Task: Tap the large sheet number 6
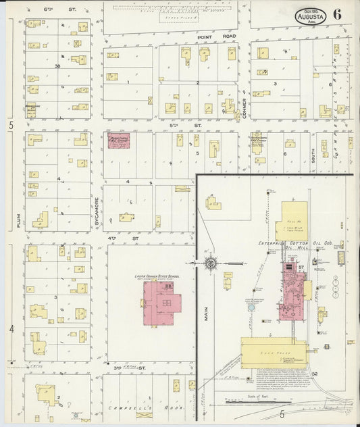pyautogui.click(x=336, y=15)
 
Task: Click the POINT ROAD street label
pyautogui.click(x=209, y=38)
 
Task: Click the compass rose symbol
pyautogui.click(x=210, y=261)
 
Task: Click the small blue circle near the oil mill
pyautogui.click(x=251, y=307)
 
